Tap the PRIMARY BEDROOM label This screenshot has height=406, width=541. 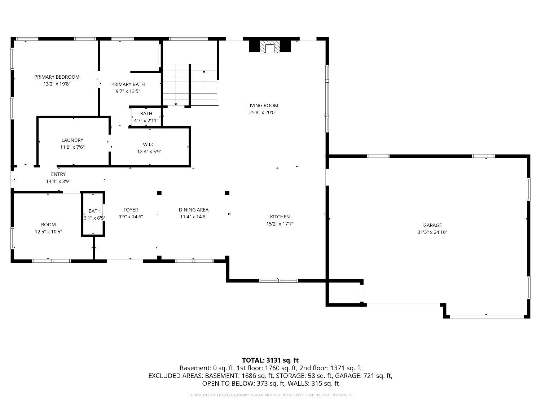point(57,77)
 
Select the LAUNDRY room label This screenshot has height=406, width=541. point(72,140)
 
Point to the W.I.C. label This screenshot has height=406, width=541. point(149,144)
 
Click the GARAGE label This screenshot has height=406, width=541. point(432,225)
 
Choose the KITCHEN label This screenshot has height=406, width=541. point(280,217)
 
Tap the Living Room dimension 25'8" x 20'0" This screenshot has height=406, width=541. point(263,112)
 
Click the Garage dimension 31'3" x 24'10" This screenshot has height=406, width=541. point(432,232)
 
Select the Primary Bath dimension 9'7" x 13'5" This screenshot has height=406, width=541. point(128,91)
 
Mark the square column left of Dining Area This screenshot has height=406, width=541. point(159,193)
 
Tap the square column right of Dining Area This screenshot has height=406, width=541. point(227,193)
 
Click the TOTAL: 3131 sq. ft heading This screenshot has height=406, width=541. point(270,360)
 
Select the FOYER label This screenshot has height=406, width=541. point(131,210)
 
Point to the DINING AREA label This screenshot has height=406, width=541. point(193,210)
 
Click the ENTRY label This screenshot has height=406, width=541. point(58,174)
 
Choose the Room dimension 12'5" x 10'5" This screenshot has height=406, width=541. point(48,231)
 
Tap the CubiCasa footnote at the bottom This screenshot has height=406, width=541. point(270,395)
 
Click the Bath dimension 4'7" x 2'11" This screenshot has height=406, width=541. point(146,121)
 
